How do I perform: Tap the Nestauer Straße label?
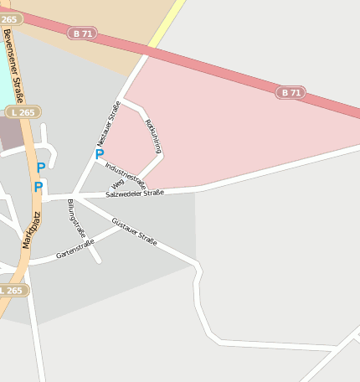pyautogui.click(x=109, y=123)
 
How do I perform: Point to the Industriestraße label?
pyautogui.click(x=126, y=173)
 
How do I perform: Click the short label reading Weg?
pyautogui.click(x=118, y=183)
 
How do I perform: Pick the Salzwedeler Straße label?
pyautogui.click(x=135, y=194)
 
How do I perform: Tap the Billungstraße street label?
pyautogui.click(x=76, y=219)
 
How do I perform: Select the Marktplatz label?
pyautogui.click(x=31, y=230)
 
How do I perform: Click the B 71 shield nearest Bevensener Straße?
pyautogui.click(x=83, y=34)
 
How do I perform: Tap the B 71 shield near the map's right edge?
pyautogui.click(x=291, y=92)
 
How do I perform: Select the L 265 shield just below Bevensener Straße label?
pyautogui.click(x=22, y=111)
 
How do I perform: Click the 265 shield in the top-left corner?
pyautogui.click(x=8, y=18)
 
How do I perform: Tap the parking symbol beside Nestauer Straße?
pyautogui.click(x=100, y=153)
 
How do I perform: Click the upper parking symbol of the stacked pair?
pyautogui.click(x=40, y=168)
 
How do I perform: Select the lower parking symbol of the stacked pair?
pyautogui.click(x=38, y=187)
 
